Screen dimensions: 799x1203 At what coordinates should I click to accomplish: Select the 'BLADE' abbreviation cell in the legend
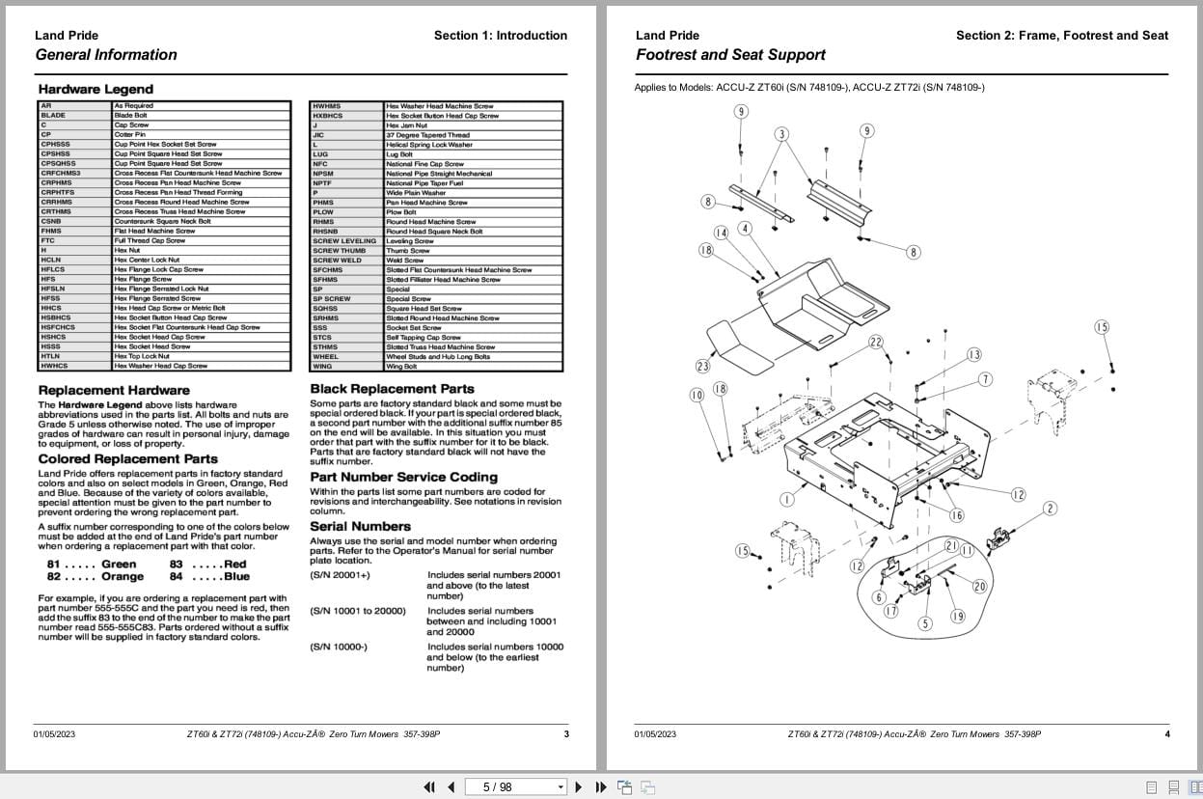54,116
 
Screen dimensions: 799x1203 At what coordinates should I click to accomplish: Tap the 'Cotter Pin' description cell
130,135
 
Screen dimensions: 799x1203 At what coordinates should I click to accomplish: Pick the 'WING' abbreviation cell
322,367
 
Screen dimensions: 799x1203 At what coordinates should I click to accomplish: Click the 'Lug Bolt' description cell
399,154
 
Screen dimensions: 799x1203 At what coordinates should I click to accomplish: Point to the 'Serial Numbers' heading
360,526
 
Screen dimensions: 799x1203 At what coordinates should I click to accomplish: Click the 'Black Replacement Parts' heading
392,389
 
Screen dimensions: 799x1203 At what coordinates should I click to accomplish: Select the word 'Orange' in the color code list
123,577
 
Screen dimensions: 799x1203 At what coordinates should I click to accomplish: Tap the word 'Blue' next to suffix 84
236,577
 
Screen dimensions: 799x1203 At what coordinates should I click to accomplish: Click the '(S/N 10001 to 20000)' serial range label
358,611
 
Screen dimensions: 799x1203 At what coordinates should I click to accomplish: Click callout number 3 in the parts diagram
781,134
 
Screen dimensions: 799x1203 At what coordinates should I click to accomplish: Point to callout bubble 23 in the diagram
702,366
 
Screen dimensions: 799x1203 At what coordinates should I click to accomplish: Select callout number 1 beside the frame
786,499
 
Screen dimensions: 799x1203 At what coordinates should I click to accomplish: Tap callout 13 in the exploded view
974,355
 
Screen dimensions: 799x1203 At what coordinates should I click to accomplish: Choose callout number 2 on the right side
1051,509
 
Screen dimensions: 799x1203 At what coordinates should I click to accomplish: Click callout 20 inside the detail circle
979,586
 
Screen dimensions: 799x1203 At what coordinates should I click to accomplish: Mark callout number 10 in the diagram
697,395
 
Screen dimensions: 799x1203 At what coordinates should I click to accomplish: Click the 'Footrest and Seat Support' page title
730,55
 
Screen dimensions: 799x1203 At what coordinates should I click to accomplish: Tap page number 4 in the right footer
1167,734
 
